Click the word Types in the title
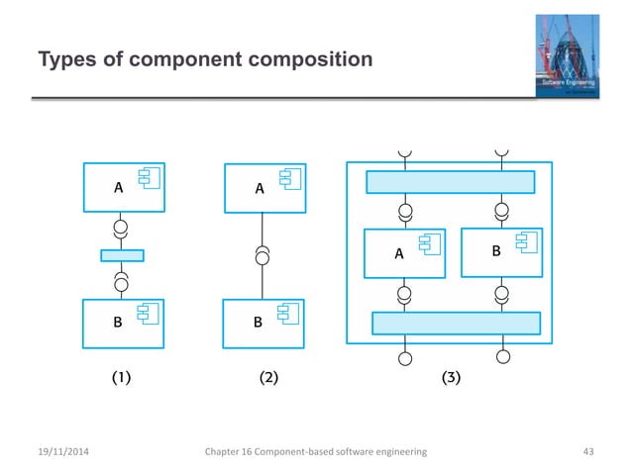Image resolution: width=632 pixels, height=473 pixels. coord(63,61)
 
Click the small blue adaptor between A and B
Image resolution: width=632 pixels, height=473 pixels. coord(123,255)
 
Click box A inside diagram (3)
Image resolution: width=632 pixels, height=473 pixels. coord(404,253)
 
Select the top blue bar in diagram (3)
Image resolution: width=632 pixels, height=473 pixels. coord(450,182)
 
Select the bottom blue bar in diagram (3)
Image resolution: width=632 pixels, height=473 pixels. coord(456,324)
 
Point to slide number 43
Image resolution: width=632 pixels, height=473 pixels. coord(589,451)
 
